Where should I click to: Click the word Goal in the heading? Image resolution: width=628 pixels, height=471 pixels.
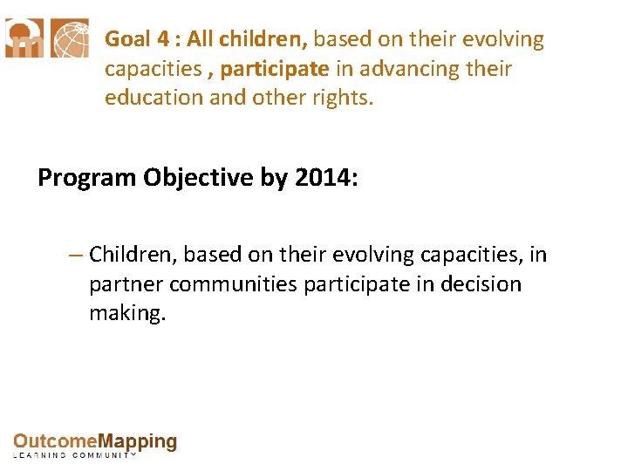point(127,40)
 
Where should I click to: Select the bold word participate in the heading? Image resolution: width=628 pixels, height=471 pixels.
point(275,69)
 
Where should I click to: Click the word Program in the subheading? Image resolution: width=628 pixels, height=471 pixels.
point(85,177)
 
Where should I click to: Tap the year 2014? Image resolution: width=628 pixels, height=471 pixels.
point(324,177)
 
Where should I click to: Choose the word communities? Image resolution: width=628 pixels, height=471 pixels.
point(234,284)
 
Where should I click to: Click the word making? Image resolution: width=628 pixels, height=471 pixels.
point(126,313)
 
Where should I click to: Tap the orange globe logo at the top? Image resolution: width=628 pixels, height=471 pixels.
point(69,38)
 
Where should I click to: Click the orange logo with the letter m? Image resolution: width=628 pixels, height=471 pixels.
point(24,38)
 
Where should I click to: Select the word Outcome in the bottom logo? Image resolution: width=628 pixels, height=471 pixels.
point(54,442)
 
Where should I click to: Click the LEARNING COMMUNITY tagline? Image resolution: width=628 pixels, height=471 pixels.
point(75,455)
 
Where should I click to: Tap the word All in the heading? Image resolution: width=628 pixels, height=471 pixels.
point(199,40)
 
